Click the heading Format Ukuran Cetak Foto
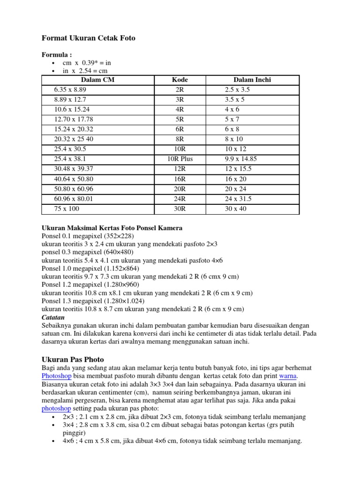click(89, 38)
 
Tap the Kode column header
click(180, 80)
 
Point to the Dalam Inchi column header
click(252, 80)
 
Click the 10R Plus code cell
click(180, 159)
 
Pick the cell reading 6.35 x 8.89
click(70, 90)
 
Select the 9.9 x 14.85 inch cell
click(241, 159)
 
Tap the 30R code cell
click(180, 209)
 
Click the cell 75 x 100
click(67, 209)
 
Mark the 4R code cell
click(180, 109)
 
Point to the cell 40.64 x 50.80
click(74, 179)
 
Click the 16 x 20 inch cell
click(235, 179)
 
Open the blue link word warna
click(288, 376)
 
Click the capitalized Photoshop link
click(56, 376)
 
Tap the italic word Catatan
click(53, 317)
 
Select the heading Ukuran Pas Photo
click(73, 359)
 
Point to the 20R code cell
click(180, 189)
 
